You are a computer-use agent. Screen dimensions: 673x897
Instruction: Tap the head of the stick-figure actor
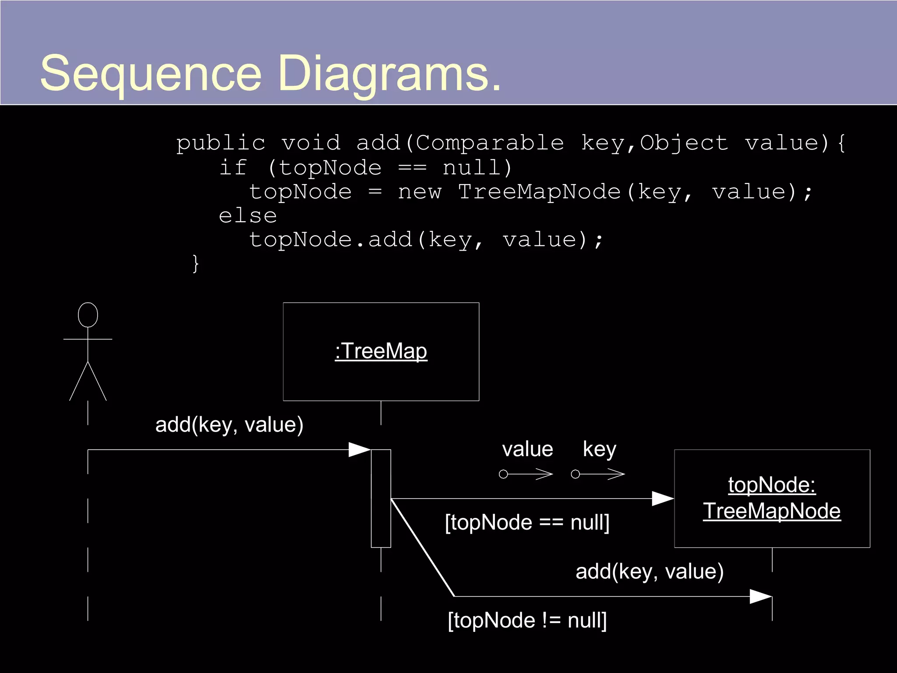point(88,315)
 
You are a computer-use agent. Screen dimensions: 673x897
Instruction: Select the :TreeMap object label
point(381,351)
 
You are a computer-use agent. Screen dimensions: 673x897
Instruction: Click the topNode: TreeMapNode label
point(772,498)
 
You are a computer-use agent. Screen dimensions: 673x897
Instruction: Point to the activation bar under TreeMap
point(381,498)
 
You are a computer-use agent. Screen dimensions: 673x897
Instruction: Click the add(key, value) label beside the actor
point(229,425)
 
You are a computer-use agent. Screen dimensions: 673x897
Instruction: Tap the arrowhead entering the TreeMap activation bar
point(360,450)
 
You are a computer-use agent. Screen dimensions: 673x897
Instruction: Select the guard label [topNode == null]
point(527,522)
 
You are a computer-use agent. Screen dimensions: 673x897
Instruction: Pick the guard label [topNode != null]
point(527,620)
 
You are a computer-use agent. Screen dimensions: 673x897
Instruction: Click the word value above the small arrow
point(527,450)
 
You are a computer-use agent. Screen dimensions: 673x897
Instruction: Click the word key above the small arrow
point(599,450)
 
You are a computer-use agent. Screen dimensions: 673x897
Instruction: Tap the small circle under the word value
point(504,474)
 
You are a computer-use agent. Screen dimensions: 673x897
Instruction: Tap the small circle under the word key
point(576,474)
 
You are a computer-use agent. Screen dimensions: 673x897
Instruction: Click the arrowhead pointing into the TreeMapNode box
point(663,499)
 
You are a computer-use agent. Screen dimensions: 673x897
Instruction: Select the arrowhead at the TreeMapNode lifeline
point(761,596)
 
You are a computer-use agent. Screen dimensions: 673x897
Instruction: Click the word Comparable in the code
point(489,143)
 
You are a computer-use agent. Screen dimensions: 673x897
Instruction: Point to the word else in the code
point(247,216)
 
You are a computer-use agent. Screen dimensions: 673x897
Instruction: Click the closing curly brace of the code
point(196,264)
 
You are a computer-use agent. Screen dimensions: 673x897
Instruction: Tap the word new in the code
point(419,192)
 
